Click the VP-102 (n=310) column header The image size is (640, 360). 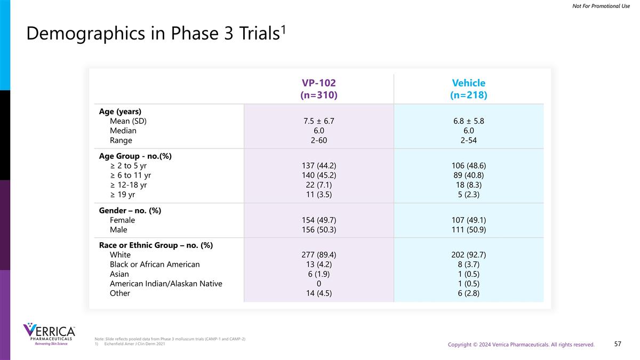[x=319, y=89]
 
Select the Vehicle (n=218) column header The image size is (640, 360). [x=468, y=89]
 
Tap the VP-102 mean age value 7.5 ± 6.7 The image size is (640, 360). [x=319, y=121]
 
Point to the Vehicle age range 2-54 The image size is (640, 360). [x=468, y=141]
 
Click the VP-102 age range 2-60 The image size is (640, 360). [x=319, y=141]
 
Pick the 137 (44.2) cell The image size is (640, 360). [x=319, y=165]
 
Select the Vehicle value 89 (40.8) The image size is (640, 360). [x=468, y=175]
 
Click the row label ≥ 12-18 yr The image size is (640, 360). [x=128, y=185]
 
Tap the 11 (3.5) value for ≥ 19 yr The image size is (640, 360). [x=319, y=195]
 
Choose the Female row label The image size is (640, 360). [x=122, y=220]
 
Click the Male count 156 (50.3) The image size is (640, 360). [x=319, y=230]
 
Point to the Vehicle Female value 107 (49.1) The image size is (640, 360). [x=468, y=220]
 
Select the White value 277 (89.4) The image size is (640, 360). [x=319, y=255]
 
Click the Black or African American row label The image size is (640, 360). [x=155, y=265]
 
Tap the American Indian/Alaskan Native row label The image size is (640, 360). [x=166, y=284]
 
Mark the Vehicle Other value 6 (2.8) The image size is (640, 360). [x=468, y=293]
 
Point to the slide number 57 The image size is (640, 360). [x=618, y=344]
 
